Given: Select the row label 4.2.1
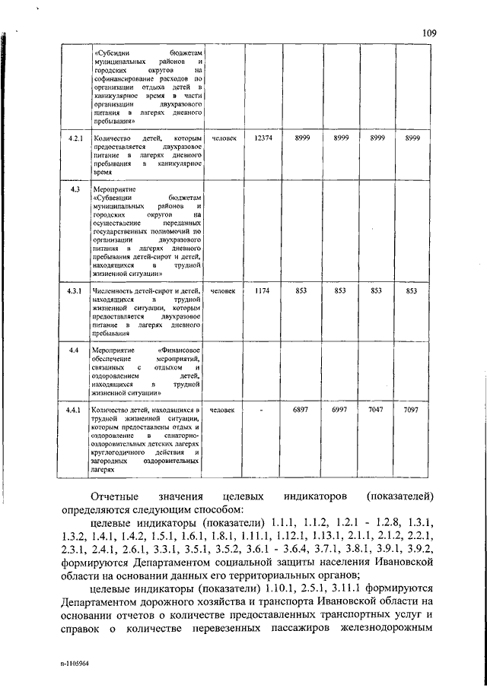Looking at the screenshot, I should [74, 139].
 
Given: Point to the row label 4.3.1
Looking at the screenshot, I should [74, 290].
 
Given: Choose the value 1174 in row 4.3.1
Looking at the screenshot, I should [263, 290].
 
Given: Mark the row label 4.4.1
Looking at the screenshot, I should [74, 411].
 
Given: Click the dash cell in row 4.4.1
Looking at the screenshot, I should [262, 411].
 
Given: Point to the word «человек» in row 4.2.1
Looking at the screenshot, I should [224, 139].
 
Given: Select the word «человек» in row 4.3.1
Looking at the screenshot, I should [224, 290].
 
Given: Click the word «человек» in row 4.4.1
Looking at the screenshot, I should [224, 411].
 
